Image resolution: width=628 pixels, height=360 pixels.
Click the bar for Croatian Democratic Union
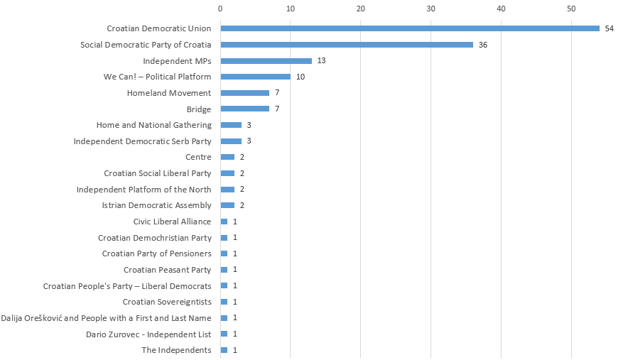[410, 28]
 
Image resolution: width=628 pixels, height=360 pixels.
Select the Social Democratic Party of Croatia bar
[347, 45]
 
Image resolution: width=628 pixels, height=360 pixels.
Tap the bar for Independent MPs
[266, 61]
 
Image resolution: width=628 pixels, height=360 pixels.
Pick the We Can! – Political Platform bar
[255, 77]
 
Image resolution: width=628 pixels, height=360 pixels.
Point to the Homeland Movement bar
[244, 93]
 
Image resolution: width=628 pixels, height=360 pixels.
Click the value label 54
[609, 28]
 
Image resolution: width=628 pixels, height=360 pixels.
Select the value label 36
[483, 45]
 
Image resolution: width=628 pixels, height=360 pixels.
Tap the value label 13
[321, 61]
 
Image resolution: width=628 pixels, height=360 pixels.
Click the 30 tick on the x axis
[431, 9]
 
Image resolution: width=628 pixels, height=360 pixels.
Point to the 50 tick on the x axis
[571, 9]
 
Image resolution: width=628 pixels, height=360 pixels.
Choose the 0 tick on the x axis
[220, 9]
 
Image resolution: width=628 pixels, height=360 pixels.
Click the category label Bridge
[199, 109]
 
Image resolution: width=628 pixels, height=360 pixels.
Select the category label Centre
[198, 157]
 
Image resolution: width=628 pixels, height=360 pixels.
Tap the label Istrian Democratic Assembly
[156, 205]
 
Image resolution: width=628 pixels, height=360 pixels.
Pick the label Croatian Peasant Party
[167, 270]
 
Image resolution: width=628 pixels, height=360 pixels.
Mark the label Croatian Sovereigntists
[167, 302]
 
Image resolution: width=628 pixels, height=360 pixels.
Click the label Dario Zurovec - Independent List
[148, 334]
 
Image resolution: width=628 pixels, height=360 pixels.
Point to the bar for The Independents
[224, 350]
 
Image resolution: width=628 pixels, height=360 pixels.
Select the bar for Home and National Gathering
[231, 125]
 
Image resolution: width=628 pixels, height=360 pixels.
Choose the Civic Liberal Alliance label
[172, 222]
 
